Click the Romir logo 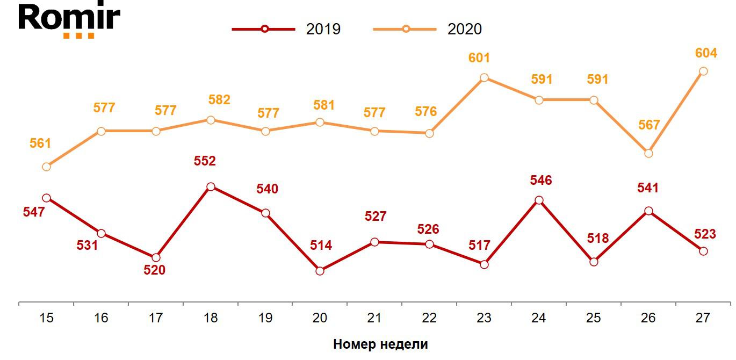pyautogui.click(x=69, y=20)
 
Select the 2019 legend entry pyautogui.click(x=286, y=28)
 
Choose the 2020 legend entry pyautogui.click(x=428, y=28)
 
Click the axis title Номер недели pyautogui.click(x=380, y=344)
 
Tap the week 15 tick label pyautogui.click(x=46, y=318)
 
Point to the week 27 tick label pyautogui.click(x=702, y=318)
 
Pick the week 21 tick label pyautogui.click(x=374, y=318)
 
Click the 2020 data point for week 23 pyautogui.click(x=484, y=77)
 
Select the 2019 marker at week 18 pyautogui.click(x=211, y=187)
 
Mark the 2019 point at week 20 pyautogui.click(x=320, y=271)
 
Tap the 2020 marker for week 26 pyautogui.click(x=648, y=153)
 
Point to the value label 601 pyautogui.click(x=479, y=58)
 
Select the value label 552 pyautogui.click(x=205, y=161)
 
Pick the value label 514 pyautogui.click(x=321, y=246)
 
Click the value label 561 pyautogui.click(x=40, y=143)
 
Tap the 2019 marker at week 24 pyautogui.click(x=539, y=200)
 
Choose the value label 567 pyautogui.click(x=648, y=125)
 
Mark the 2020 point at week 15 pyautogui.click(x=46, y=167)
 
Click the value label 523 pyautogui.click(x=705, y=234)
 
